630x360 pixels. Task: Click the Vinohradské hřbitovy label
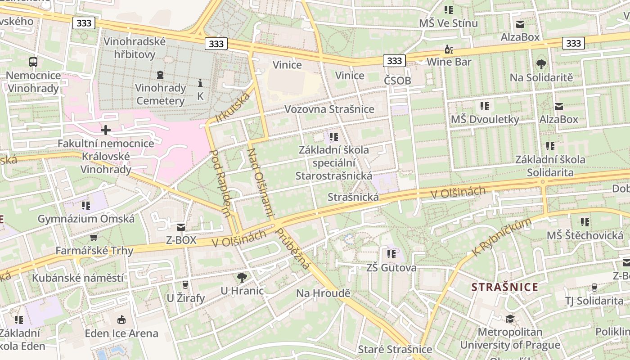135,48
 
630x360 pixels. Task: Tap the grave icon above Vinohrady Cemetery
160,74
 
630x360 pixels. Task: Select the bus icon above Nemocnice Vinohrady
33,62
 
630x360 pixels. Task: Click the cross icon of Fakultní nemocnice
106,130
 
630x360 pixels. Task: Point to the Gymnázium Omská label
86,219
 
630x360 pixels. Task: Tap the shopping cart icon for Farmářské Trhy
94,237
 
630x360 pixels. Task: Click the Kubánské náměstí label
77,278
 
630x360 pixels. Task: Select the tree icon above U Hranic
242,277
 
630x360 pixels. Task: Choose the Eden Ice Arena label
121,333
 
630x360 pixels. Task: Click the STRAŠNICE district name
504,287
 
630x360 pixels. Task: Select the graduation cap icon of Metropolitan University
510,319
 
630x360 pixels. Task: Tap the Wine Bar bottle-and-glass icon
449,49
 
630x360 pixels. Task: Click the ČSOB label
397,81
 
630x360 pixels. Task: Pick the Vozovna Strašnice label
329,109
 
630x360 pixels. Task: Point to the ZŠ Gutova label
391,268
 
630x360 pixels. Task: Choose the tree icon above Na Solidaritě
541,64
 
